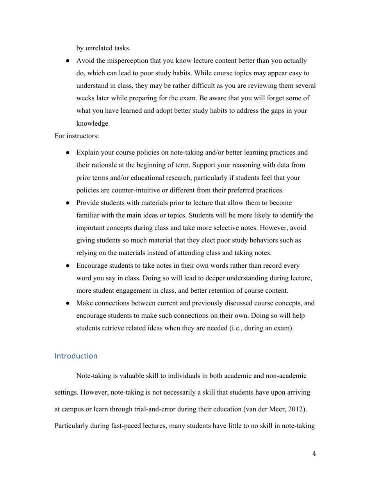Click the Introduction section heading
point(76,356)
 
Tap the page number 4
point(314,453)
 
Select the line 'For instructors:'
point(77,136)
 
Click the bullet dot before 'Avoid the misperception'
point(68,61)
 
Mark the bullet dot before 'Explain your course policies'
point(68,153)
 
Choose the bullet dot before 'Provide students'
point(68,203)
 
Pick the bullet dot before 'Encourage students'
point(68,266)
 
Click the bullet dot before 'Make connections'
point(68,303)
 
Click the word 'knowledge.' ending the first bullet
point(93,123)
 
